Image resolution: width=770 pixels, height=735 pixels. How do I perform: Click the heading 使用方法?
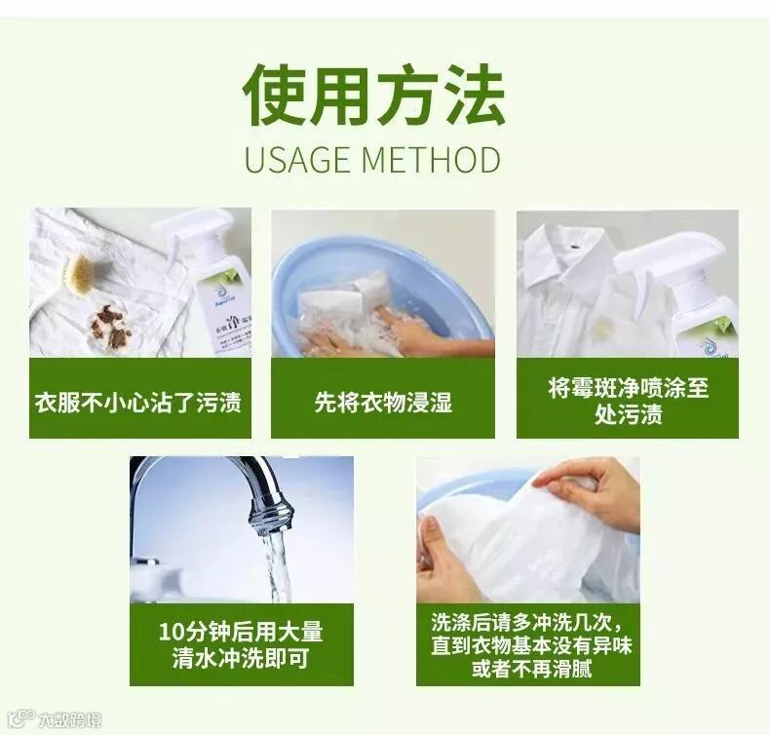point(374,95)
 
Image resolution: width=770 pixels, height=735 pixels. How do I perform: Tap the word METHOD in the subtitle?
point(433,159)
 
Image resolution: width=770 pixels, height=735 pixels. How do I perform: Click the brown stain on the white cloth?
point(110,325)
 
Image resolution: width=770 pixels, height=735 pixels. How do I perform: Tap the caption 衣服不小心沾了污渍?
point(138,403)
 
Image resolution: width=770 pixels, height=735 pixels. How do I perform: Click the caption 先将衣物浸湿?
point(383,403)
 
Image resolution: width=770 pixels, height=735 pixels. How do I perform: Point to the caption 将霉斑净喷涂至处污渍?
point(629,402)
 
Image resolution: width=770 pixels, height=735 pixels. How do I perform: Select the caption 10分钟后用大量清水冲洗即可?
point(241,644)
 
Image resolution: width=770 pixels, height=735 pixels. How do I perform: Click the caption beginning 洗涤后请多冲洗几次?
point(531,645)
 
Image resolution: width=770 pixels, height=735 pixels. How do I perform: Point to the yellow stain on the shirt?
point(601,328)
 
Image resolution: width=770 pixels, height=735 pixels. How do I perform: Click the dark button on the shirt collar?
point(573,244)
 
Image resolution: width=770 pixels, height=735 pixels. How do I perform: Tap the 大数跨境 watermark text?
point(70,719)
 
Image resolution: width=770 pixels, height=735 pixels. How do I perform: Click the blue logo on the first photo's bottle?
point(217,292)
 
